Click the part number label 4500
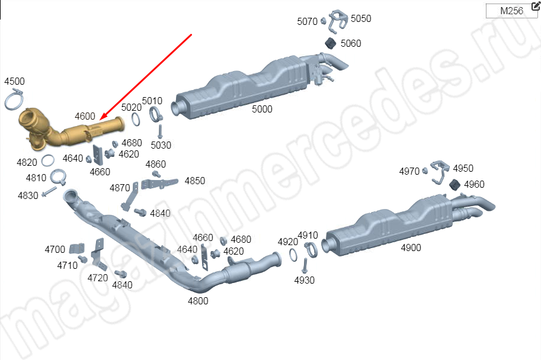(x=14, y=81)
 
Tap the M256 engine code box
(x=511, y=11)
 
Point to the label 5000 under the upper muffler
(x=262, y=109)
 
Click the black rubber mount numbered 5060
(x=331, y=43)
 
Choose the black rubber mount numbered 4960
(x=454, y=185)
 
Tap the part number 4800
(x=198, y=301)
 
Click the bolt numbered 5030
(x=160, y=131)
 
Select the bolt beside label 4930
(x=305, y=266)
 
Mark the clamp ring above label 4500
(x=14, y=99)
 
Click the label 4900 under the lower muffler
(x=411, y=247)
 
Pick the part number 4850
(x=195, y=181)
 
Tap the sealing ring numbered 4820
(x=47, y=160)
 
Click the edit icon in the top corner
(x=536, y=5)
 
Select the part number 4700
(x=55, y=249)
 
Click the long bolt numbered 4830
(x=49, y=192)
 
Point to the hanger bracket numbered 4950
(x=440, y=171)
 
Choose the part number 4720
(x=98, y=278)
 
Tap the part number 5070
(x=307, y=21)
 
